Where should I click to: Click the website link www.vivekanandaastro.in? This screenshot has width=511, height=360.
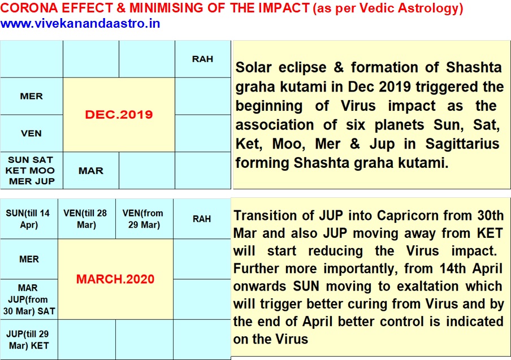pyautogui.click(x=80, y=24)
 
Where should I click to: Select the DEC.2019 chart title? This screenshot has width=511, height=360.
pyautogui.click(x=119, y=114)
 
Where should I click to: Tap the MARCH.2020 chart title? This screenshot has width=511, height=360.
pyautogui.click(x=115, y=279)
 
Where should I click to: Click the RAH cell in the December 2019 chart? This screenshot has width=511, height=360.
pyautogui.click(x=203, y=59)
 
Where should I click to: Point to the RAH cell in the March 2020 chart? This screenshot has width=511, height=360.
pyautogui.click(x=202, y=219)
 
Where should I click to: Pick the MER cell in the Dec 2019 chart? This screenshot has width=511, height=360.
pyautogui.click(x=31, y=96)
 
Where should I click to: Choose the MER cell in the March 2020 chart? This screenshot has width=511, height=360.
pyautogui.click(x=29, y=259)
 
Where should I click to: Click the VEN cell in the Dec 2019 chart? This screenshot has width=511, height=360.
pyautogui.click(x=31, y=133)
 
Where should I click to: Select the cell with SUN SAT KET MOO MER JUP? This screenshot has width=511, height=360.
pyautogui.click(x=31, y=170)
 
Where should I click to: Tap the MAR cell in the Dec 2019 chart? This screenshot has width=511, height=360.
pyautogui.click(x=91, y=170)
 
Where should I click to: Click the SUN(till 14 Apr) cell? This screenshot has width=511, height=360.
pyautogui.click(x=29, y=219)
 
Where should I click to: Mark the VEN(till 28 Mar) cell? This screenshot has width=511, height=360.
pyautogui.click(x=86, y=219)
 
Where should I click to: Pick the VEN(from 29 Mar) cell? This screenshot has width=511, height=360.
pyautogui.click(x=144, y=219)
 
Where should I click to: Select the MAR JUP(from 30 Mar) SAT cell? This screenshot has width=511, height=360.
pyautogui.click(x=29, y=300)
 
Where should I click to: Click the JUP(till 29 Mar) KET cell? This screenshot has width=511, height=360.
pyautogui.click(x=29, y=340)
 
